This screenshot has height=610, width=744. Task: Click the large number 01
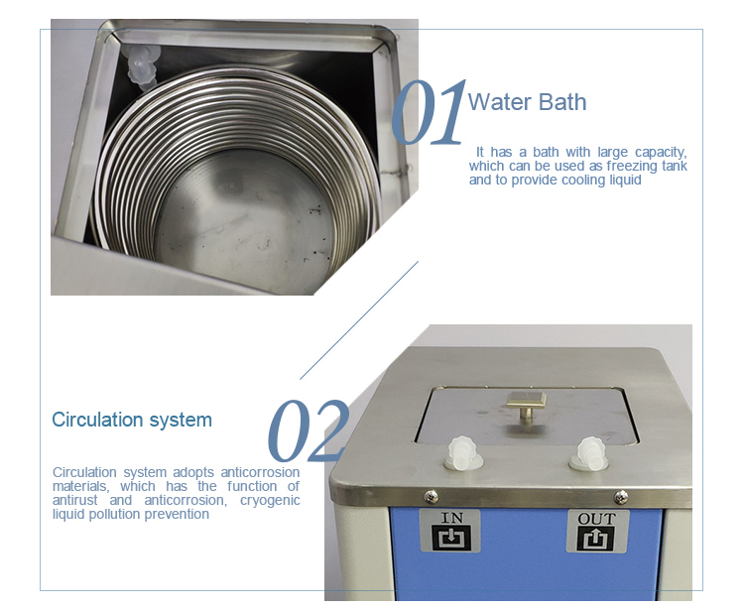[429, 115]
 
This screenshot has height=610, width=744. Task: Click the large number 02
[309, 433]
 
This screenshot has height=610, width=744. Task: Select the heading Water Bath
[527, 102]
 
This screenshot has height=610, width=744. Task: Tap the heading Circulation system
[132, 420]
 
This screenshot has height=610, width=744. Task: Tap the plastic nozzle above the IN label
[462, 455]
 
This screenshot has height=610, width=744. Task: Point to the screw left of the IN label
[430, 496]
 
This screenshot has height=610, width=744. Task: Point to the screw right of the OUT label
[620, 497]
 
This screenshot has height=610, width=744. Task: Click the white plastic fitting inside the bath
[142, 66]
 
